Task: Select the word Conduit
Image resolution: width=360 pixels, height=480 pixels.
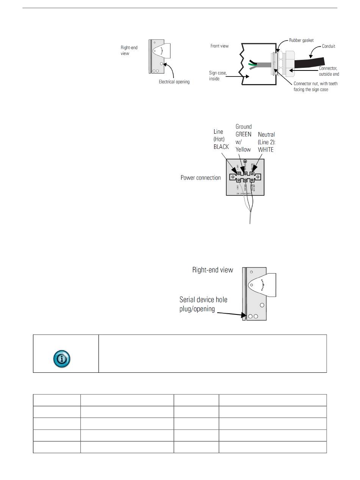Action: (x=329, y=46)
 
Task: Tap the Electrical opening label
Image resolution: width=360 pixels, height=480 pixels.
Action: (x=174, y=82)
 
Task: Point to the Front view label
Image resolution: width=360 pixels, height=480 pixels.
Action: (x=219, y=46)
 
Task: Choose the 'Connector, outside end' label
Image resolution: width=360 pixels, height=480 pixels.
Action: (x=328, y=71)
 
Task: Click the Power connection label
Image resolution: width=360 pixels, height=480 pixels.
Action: (x=200, y=177)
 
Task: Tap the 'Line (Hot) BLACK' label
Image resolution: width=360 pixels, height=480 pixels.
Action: (x=221, y=139)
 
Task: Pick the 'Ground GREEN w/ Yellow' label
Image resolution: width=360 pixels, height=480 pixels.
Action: (x=243, y=138)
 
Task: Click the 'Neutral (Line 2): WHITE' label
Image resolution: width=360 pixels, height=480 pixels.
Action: (x=266, y=142)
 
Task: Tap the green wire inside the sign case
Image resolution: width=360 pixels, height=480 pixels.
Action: (x=251, y=64)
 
